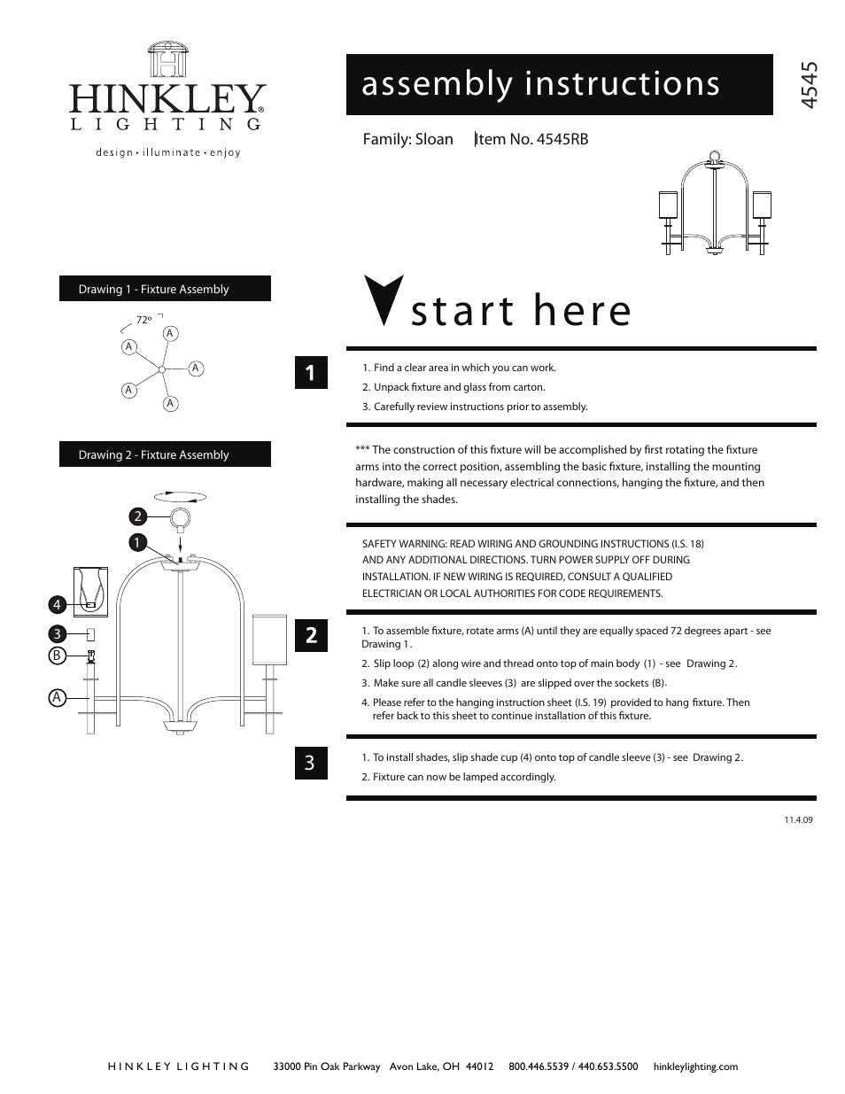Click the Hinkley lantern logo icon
tap(167, 61)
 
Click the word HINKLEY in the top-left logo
tap(167, 99)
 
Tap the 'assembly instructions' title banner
tap(559, 84)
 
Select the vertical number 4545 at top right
tap(807, 85)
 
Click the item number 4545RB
tap(532, 139)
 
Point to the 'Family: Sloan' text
tap(407, 139)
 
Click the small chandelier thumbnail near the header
tap(715, 205)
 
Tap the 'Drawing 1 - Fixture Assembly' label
tap(165, 289)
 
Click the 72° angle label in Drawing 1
tap(143, 320)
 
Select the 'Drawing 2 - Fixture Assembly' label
tap(165, 454)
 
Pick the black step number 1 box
tap(311, 373)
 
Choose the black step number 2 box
tap(311, 635)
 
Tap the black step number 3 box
tap(311, 763)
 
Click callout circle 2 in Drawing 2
tap(137, 516)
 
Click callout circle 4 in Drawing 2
tap(57, 605)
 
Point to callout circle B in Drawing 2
tap(57, 656)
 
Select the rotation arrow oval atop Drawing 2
tap(180, 497)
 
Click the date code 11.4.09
tap(797, 819)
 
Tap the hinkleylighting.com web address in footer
tap(694, 1067)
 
